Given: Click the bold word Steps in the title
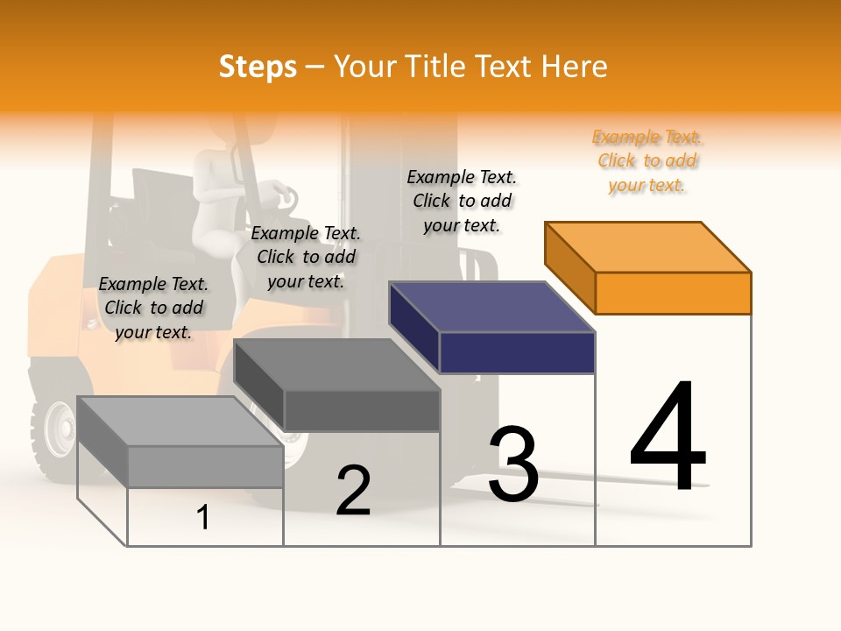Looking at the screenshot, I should coord(258,67).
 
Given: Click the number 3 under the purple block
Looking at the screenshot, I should coord(513,464).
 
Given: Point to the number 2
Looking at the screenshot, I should coord(353,490).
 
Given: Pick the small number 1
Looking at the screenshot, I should coord(203,517).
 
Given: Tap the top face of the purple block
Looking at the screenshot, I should coord(491,307).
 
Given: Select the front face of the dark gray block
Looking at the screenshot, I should coord(362,410).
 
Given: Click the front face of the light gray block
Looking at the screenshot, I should coord(205,466).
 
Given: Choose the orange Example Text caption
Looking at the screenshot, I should coord(647,161).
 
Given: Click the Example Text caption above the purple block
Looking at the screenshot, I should coord(462,201).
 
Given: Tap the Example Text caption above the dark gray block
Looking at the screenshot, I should coord(305,257).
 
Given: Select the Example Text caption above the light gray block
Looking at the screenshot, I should coord(153,308).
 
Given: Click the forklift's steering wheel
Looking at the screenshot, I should coord(279,195).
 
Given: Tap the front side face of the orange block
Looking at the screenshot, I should coord(673,293).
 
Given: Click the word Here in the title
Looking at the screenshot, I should coord(573,67).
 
